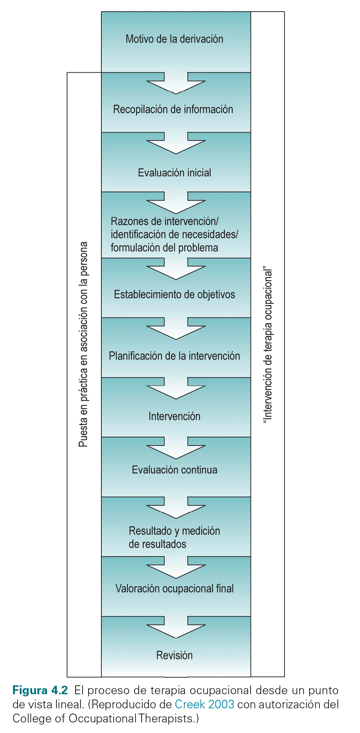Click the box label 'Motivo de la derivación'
click(x=174, y=39)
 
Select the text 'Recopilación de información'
click(x=173, y=109)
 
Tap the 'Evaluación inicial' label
click(x=174, y=172)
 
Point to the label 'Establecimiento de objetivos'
click(x=174, y=294)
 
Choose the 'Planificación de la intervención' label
click(x=174, y=356)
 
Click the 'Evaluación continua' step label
click(x=174, y=470)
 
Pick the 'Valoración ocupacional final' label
click(x=174, y=588)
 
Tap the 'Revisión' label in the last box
click(x=174, y=655)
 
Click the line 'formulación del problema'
click(x=164, y=248)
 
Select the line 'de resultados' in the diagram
click(x=157, y=544)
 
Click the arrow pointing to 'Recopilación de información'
click(x=176, y=84)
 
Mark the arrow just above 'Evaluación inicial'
click(x=176, y=144)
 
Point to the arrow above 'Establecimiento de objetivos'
click(x=176, y=269)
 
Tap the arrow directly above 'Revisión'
click(x=176, y=628)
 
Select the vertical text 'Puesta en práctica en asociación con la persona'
click(x=83, y=344)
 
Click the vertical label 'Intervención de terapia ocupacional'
click(x=268, y=344)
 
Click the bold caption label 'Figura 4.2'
click(x=40, y=690)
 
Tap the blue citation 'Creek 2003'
click(x=204, y=704)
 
